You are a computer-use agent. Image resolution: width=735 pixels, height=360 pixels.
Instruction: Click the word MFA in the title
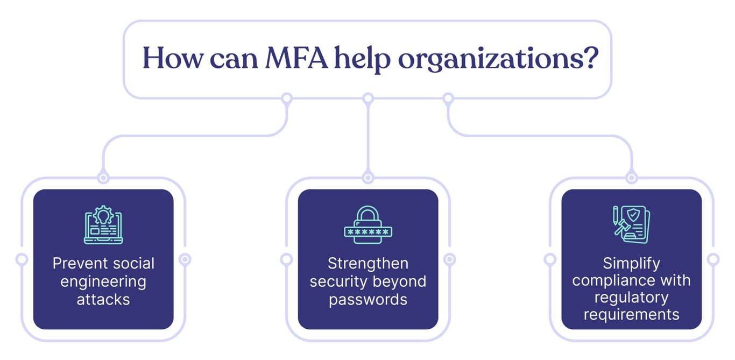pos(296,58)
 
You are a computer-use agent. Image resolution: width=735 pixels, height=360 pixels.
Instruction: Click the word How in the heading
pos(173,58)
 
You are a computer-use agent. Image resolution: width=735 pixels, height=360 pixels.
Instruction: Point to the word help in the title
pos(362,59)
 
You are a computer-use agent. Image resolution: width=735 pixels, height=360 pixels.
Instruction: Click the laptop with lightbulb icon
pos(103,224)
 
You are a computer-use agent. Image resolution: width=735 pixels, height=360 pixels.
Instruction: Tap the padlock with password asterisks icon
pos(368,225)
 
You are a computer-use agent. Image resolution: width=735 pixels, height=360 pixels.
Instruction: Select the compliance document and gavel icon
pos(631,224)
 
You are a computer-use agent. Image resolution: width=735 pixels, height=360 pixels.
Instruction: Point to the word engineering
pos(103,282)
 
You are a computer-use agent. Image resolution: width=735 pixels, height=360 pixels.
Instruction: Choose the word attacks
pos(103,300)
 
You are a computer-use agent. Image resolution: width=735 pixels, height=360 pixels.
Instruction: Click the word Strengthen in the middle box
pos(368,264)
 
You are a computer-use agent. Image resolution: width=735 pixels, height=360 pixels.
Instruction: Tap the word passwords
pos(368,300)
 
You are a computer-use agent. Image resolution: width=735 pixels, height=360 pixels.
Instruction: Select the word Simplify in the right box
pos(631,264)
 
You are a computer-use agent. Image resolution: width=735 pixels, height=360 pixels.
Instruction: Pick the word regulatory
pos(631,298)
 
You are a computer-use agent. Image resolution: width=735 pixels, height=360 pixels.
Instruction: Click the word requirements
pos(631,315)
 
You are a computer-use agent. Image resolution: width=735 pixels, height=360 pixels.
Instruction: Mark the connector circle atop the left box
pos(103,178)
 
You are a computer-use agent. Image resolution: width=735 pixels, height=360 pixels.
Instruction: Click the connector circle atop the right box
pos(631,178)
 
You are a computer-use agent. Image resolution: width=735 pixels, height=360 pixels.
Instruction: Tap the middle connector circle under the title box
pos(368,98)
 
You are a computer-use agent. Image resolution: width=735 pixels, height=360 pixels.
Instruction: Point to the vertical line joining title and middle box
pos(368,138)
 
